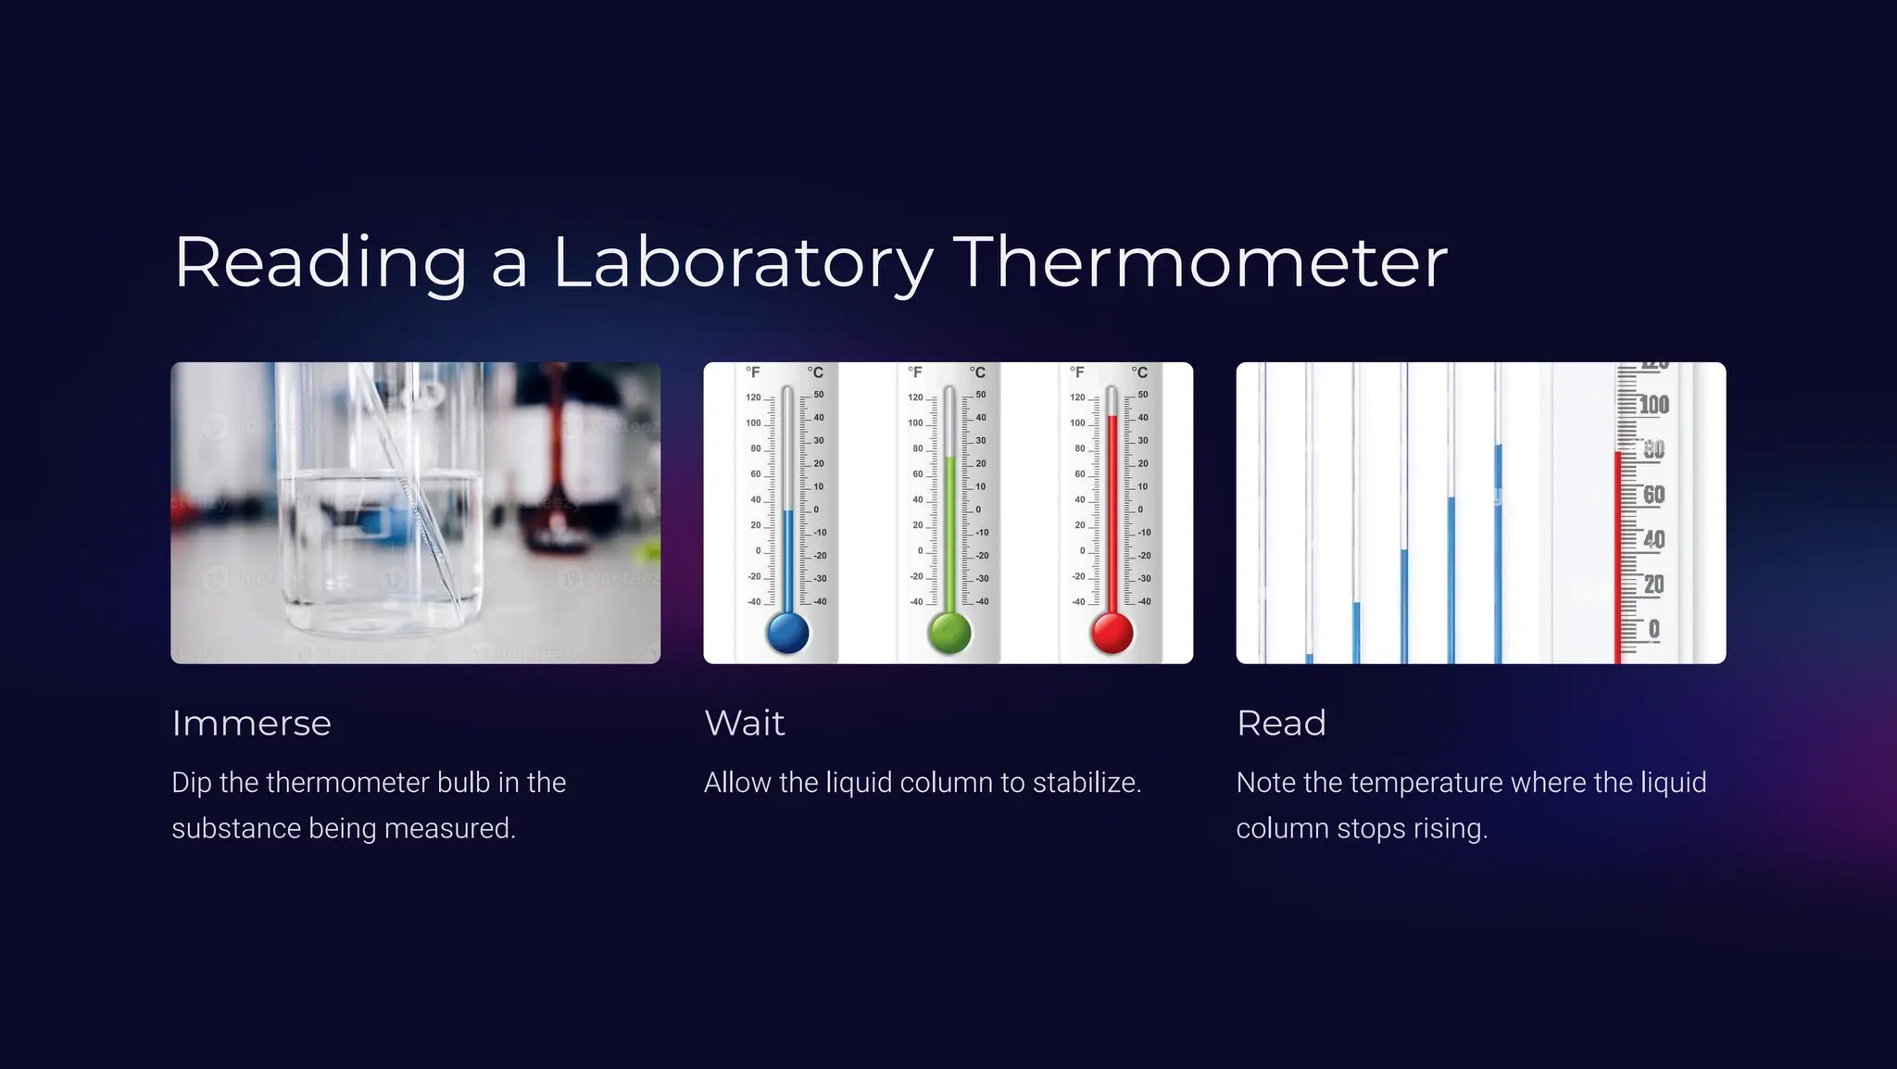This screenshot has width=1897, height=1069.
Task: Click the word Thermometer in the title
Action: tap(1200, 263)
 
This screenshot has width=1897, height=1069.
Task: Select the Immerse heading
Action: tap(251, 723)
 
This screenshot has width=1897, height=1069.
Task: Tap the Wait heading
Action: tap(745, 723)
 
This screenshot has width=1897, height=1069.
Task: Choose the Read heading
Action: tap(1281, 723)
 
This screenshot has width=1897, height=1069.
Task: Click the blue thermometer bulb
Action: tap(788, 633)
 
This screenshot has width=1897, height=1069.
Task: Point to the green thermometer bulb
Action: tap(949, 633)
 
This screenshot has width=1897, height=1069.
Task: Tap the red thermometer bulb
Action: tap(1112, 633)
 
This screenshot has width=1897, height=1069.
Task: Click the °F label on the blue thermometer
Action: tap(753, 372)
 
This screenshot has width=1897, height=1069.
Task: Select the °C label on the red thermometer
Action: tap(1139, 372)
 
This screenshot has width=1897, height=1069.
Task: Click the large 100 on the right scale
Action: tap(1654, 405)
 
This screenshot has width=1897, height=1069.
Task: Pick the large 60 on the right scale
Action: tap(1654, 495)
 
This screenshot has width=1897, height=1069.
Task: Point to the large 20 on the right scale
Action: tap(1654, 585)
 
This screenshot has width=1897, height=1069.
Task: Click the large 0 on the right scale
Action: tap(1654, 630)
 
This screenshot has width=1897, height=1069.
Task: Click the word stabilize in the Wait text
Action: tap(1087, 783)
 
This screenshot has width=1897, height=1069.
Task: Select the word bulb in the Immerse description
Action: tap(463, 783)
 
